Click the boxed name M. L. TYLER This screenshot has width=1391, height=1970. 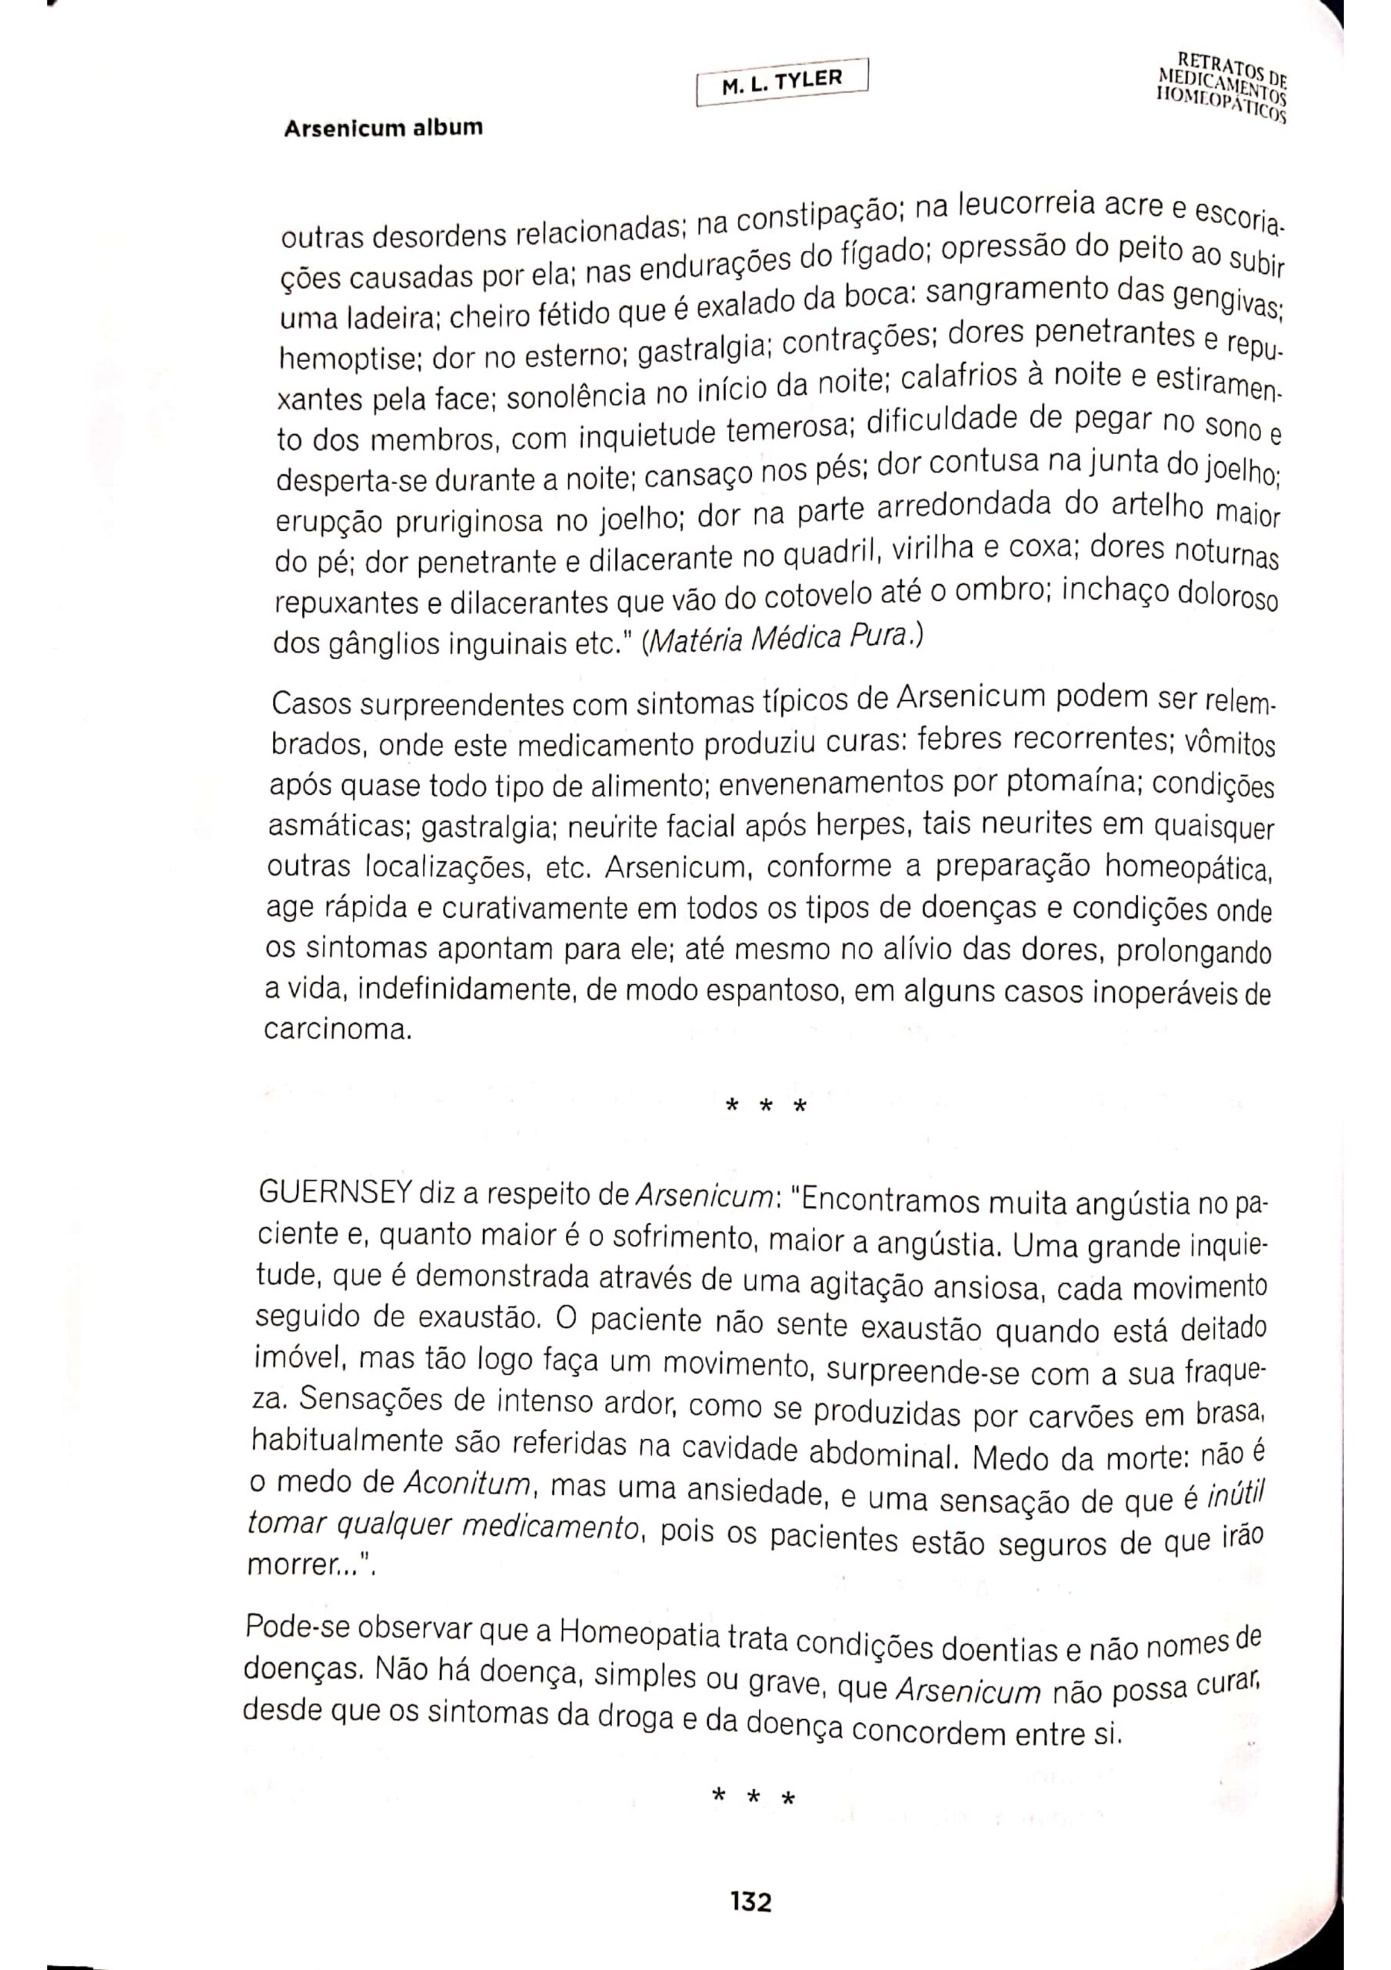tap(782, 82)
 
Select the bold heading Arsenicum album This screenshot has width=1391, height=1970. tap(384, 129)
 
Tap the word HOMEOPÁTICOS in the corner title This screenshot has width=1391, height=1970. tap(1221, 106)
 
